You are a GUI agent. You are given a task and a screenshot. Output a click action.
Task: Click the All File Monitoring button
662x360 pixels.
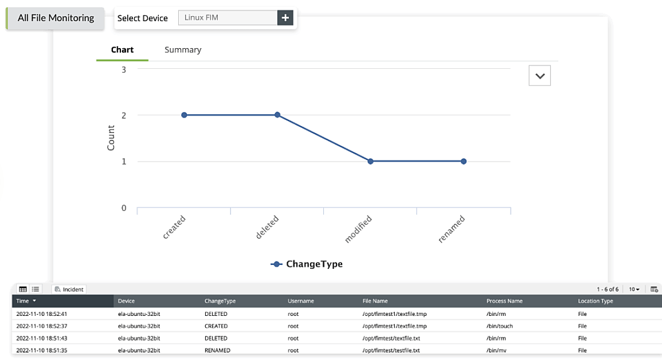pos(56,18)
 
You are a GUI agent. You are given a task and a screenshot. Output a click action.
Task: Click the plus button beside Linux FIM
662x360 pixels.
pos(285,18)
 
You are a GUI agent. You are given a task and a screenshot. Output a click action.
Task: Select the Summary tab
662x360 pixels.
pos(183,50)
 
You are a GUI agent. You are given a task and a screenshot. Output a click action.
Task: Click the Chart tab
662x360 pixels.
pos(122,50)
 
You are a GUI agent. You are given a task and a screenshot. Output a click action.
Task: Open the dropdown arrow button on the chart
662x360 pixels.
pos(539,75)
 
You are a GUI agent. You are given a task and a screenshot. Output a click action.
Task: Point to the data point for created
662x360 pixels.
pos(184,115)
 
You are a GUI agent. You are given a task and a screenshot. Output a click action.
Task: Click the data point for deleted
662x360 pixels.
pos(277,115)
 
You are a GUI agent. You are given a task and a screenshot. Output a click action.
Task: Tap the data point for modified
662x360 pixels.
pos(370,161)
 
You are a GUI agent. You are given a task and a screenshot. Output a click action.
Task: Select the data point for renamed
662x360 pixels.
pos(463,161)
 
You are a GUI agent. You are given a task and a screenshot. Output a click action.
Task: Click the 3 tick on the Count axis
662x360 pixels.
pos(124,69)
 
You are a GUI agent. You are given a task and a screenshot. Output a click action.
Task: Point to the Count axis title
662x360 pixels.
pos(111,138)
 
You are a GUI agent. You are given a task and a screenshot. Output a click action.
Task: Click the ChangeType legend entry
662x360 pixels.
pos(307,264)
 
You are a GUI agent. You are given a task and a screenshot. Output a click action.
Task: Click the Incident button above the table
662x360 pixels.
pos(69,289)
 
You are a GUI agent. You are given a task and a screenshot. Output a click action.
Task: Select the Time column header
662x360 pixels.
pos(26,301)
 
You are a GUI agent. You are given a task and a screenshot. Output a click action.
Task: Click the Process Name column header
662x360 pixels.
pos(504,301)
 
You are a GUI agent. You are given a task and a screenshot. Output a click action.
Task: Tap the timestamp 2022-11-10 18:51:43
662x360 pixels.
pos(42,338)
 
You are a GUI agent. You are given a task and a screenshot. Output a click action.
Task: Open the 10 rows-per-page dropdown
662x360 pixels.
pos(634,289)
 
